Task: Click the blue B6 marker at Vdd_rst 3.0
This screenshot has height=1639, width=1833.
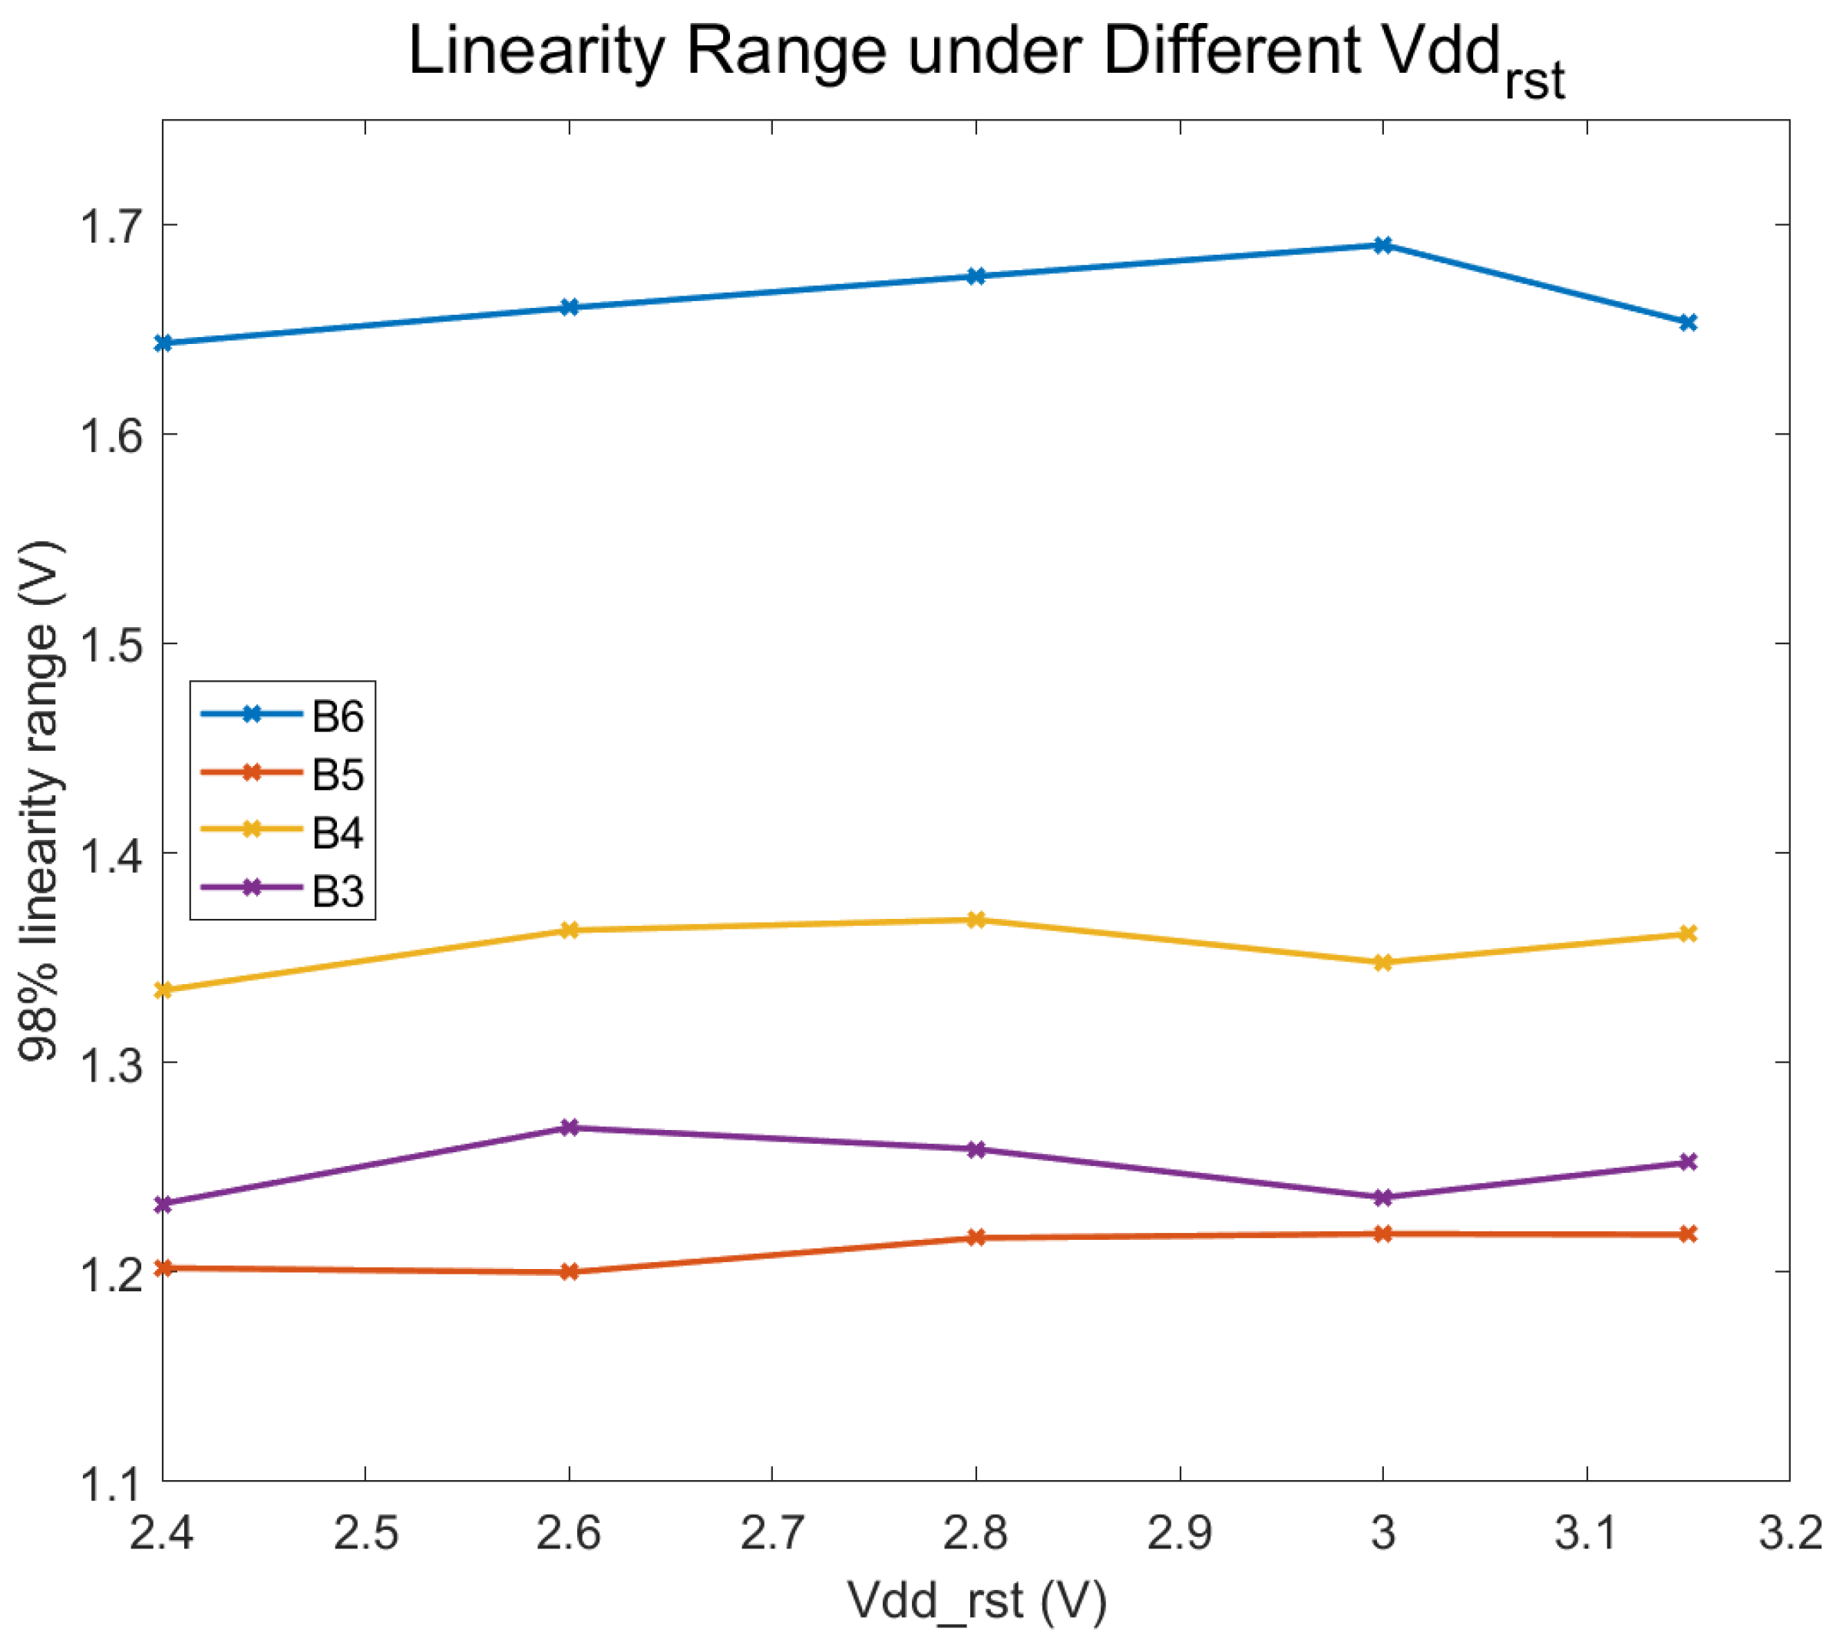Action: [1383, 245]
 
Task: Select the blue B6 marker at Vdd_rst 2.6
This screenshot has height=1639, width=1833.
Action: [569, 307]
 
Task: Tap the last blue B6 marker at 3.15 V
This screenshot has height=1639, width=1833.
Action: [1688, 322]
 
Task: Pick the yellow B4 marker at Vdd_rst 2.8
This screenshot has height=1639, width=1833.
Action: [976, 920]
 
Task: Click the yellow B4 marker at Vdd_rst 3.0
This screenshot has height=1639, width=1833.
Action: [1383, 962]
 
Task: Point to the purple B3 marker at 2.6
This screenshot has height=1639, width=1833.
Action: [569, 1128]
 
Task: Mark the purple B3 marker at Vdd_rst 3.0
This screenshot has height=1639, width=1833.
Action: [1383, 1197]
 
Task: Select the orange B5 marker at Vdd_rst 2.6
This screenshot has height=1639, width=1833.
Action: [569, 1271]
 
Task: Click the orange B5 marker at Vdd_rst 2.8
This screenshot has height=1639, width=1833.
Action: [976, 1238]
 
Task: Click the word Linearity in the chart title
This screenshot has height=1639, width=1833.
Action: [536, 52]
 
